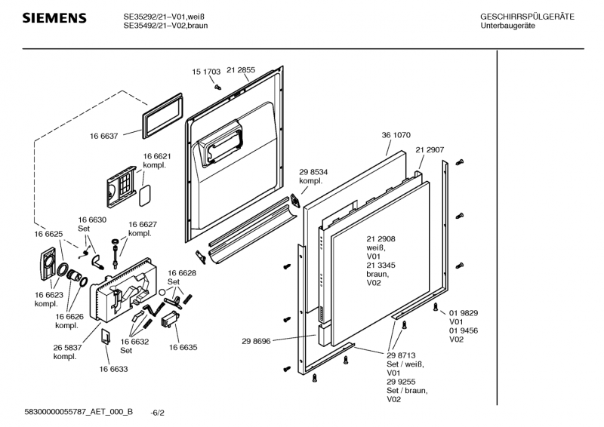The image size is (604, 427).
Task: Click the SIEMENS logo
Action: click(54, 18)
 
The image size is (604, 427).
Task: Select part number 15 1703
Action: click(206, 72)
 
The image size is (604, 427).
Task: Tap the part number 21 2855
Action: click(241, 69)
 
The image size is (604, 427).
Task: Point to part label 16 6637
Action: click(104, 136)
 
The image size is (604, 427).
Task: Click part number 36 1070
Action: click(396, 135)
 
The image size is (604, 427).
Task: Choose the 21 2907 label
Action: click(429, 150)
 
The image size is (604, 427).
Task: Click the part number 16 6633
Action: click(113, 369)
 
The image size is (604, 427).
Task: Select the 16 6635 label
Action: click(183, 348)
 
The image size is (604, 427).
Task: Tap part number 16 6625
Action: click(48, 235)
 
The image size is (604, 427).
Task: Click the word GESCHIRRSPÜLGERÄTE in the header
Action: click(527, 17)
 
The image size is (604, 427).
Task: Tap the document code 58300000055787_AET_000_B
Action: click(79, 411)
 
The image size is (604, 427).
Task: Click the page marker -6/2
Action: click(158, 413)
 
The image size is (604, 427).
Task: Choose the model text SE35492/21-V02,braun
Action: click(166, 26)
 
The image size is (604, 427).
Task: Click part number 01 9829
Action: click(464, 313)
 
